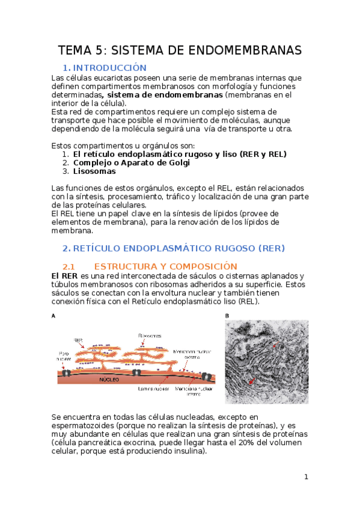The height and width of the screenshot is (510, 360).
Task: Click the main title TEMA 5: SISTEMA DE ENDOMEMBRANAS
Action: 180,50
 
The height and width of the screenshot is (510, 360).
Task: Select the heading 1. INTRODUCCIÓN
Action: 105,67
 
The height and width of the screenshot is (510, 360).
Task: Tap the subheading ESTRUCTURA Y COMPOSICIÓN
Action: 166,266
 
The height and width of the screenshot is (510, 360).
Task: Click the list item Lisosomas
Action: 94,171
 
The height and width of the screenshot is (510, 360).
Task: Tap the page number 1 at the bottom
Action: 306,477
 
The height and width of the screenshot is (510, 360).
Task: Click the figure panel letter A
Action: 54,316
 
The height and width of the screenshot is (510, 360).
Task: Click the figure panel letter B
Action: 227,316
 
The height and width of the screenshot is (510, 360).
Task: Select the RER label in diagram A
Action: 78,340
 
